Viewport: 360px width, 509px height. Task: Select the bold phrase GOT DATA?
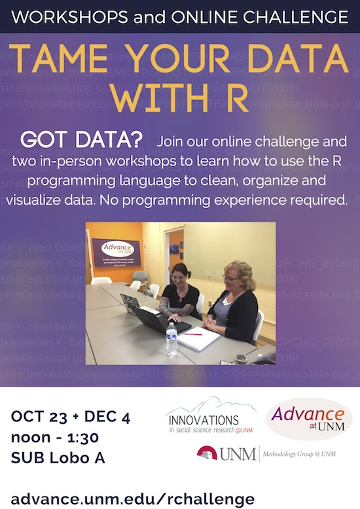pyautogui.click(x=81, y=140)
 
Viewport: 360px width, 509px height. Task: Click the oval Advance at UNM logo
pyautogui.click(x=309, y=418)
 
